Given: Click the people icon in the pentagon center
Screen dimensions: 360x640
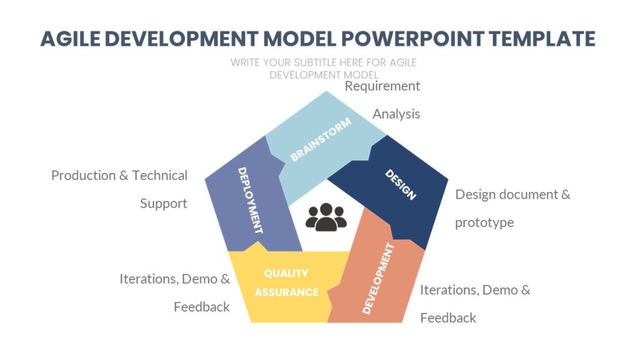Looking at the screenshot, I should (326, 217).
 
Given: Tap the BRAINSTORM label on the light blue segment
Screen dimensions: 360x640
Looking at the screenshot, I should (321, 139).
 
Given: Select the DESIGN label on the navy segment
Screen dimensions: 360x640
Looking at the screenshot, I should (400, 184).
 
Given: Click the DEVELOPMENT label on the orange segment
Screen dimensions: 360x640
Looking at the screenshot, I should (379, 278).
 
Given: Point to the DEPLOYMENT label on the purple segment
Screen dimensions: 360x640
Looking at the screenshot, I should (250, 200).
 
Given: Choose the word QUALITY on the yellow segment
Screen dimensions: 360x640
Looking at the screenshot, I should (286, 273).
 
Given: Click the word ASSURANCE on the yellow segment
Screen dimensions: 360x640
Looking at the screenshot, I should (286, 292).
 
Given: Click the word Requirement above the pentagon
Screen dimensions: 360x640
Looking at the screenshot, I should (382, 86).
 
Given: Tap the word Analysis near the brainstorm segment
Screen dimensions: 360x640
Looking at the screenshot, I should (396, 114).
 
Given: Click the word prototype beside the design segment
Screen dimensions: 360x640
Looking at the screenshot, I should (484, 222).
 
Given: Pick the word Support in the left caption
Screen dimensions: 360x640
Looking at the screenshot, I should (163, 204).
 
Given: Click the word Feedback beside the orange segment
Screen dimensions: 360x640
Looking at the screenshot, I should (448, 318).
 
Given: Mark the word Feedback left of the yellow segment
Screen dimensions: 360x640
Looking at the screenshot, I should (201, 307).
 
